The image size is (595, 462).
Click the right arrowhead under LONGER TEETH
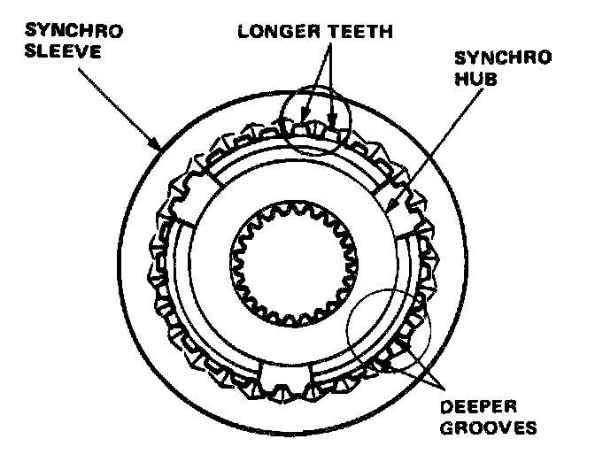click(334, 114)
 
